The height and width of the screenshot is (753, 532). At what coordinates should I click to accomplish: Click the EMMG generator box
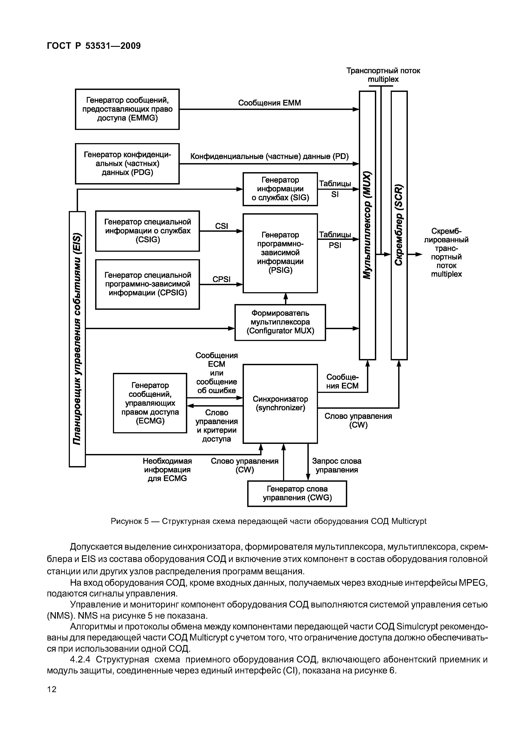coord(127,109)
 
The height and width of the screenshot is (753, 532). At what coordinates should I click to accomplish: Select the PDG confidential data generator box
coord(127,164)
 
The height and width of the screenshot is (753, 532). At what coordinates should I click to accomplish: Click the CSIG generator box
coord(147,231)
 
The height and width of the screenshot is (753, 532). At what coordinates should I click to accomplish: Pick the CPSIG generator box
coord(147,284)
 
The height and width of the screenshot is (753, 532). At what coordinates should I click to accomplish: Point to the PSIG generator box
coord(280,253)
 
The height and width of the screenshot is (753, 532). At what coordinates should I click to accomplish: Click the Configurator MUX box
coord(280,322)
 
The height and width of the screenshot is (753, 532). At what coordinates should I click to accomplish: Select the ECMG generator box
coord(150,403)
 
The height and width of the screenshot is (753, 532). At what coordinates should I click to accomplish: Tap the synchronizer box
coord(280,404)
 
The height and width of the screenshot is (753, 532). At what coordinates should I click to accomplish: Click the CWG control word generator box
coord(297,494)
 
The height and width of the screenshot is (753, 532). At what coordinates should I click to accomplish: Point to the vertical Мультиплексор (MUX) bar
coord(367,225)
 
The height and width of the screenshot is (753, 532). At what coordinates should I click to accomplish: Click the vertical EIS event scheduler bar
coord(77,339)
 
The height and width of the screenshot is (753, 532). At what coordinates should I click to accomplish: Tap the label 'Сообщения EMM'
coord(269,103)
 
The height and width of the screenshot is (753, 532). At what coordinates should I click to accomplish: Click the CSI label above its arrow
coord(222,226)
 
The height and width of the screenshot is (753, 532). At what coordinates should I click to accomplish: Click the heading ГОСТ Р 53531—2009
coord(94,46)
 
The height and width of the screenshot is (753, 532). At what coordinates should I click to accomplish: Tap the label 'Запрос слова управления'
coord(337,465)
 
